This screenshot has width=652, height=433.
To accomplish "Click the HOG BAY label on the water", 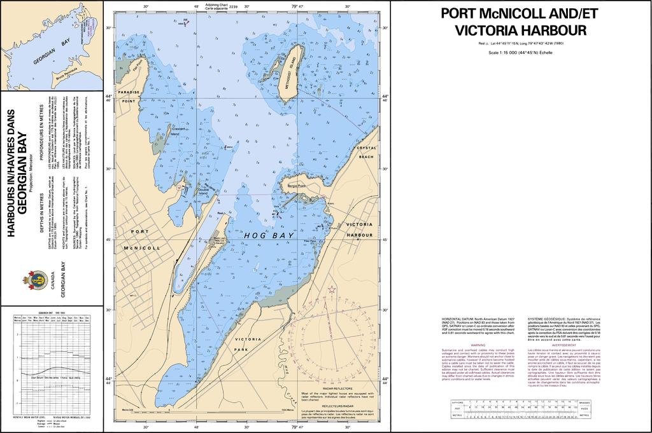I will (x=269, y=236).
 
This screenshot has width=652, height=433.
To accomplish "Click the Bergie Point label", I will (x=297, y=186).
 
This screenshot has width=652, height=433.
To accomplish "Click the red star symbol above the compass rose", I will (x=332, y=290).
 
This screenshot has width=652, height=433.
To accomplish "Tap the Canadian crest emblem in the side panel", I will (x=38, y=278).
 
